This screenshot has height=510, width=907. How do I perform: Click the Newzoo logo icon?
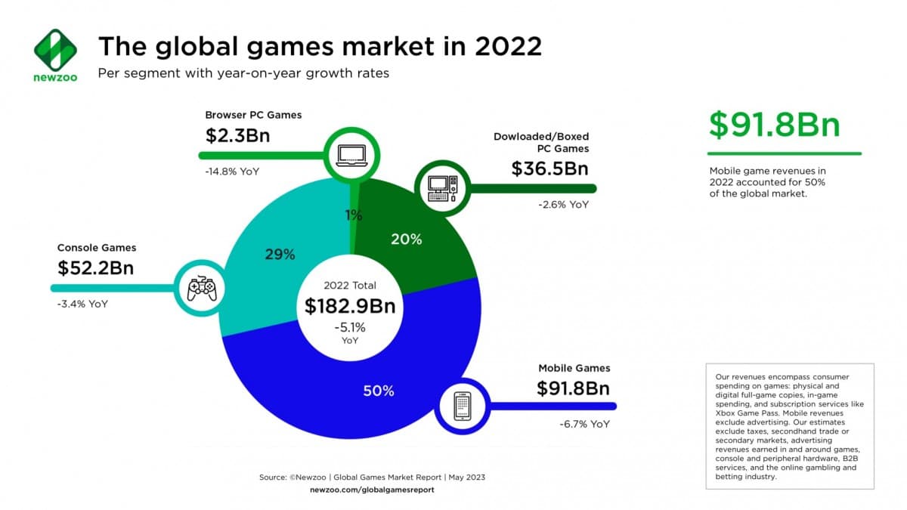click(55, 51)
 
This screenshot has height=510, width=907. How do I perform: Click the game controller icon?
click(202, 289)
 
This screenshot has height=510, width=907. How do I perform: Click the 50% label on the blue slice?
click(378, 391)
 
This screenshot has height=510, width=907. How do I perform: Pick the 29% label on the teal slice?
click(280, 255)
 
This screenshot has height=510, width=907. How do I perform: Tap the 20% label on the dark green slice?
click(407, 240)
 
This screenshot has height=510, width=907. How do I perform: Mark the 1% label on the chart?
click(354, 215)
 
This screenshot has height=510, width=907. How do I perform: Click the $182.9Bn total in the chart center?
click(350, 306)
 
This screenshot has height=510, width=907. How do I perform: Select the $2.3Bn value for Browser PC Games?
click(237, 136)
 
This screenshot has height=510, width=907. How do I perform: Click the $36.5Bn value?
click(549, 168)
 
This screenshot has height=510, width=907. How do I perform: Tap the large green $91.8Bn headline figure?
click(774, 125)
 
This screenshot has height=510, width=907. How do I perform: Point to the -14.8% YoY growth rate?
click(232, 172)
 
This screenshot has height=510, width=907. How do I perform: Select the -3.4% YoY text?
click(82, 304)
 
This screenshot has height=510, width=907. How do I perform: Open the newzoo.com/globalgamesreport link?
click(372, 490)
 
